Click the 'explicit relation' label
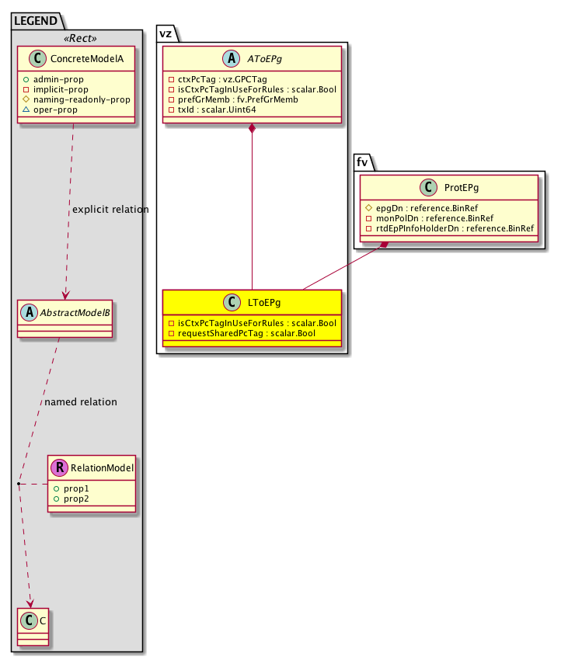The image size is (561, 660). pos(110,210)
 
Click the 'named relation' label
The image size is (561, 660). pos(81,402)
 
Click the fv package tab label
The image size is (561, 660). pos(362,163)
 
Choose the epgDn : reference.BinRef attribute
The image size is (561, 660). pos(426,208)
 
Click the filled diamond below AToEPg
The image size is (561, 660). pos(252,128)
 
